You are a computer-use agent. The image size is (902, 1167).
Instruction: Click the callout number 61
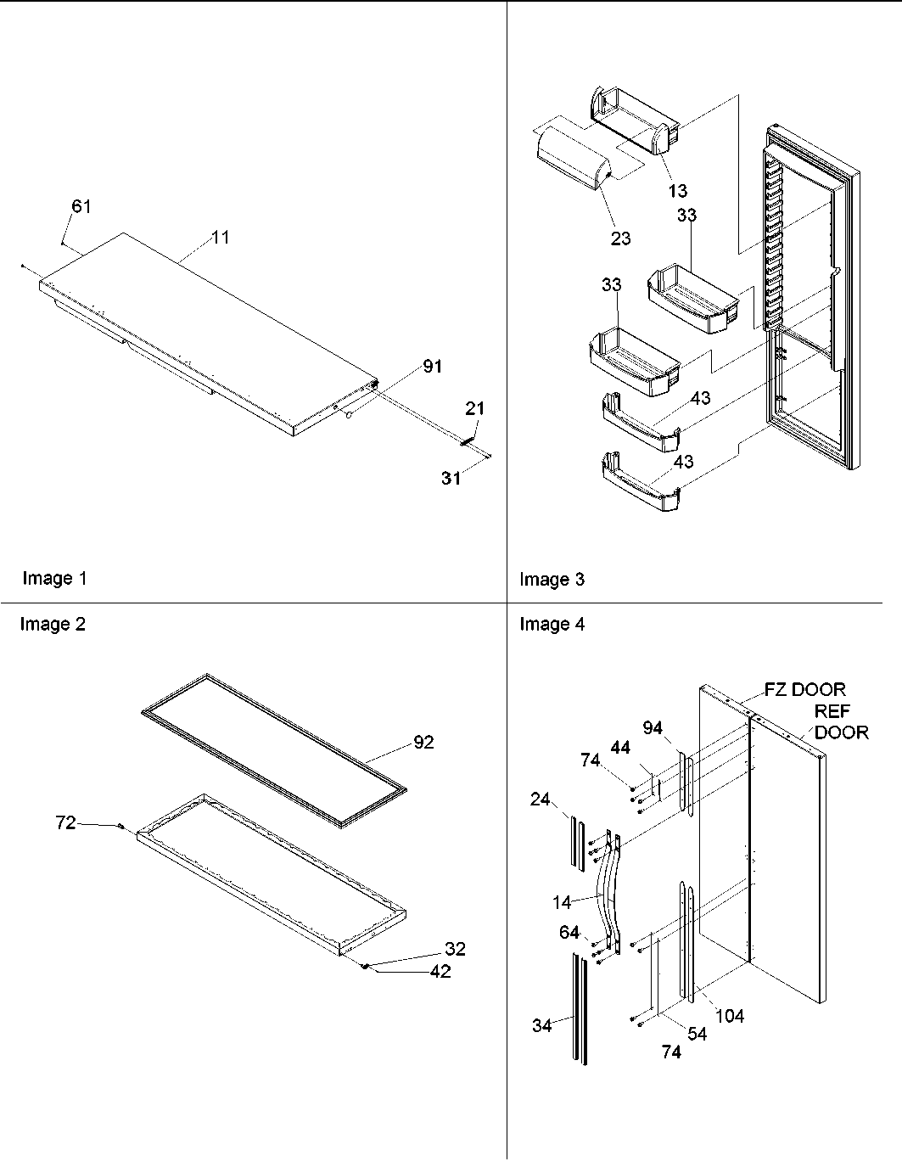[x=81, y=206]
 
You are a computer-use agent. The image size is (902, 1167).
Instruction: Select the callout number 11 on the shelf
[x=220, y=238]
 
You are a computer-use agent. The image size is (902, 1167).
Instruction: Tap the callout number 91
[x=433, y=367]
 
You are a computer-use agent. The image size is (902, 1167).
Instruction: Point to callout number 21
[x=474, y=408]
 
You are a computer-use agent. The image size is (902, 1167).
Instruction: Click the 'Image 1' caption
[x=54, y=579]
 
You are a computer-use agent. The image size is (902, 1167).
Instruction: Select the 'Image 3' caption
[x=552, y=580]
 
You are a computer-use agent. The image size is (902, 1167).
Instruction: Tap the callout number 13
[x=677, y=191]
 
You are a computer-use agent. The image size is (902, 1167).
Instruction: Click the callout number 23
[x=620, y=238]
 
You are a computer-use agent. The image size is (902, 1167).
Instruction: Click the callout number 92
[x=423, y=742]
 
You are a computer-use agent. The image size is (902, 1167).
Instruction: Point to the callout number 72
[x=65, y=822]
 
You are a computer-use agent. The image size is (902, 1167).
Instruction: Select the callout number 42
[x=440, y=972]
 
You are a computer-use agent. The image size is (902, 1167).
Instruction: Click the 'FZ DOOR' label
[x=805, y=690]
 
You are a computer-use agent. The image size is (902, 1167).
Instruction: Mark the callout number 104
[x=729, y=1015]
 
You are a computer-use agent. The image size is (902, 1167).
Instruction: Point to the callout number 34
[x=541, y=1025]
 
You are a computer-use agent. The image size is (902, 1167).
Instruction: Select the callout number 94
[x=652, y=727]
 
